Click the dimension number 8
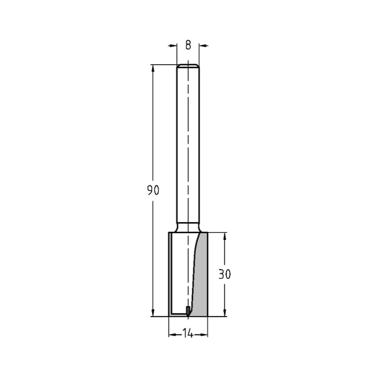188,45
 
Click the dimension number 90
153,191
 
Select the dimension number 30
225,274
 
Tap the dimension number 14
188,334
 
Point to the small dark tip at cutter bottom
188,310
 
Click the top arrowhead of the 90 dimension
153,68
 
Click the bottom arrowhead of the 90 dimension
153,313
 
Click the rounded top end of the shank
188,66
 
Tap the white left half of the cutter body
180,272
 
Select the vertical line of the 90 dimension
153,132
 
